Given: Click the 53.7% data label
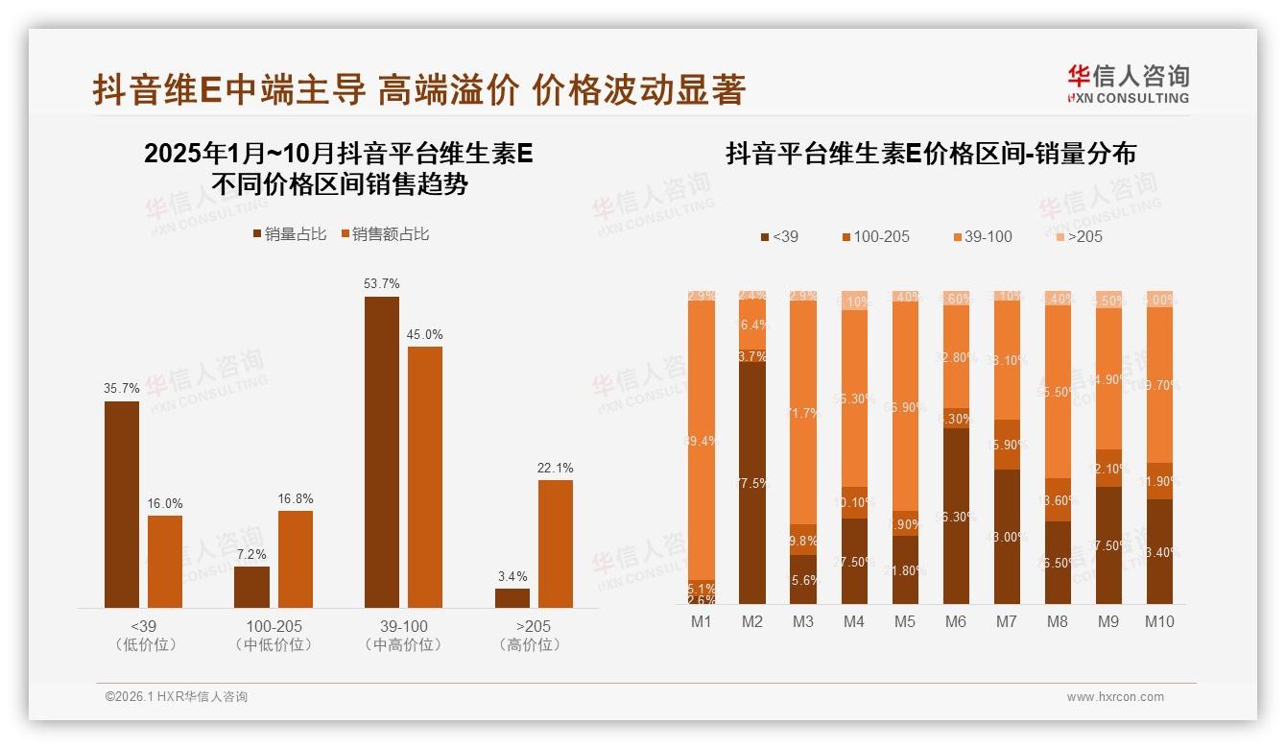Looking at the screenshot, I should pos(382,284).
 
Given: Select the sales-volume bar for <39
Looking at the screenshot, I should pos(122,504).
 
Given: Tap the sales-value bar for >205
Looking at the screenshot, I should pos(556,544).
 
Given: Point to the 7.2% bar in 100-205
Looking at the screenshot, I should pos(251,587).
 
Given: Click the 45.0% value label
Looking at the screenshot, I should pos(425,334).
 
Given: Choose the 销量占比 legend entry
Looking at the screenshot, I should pos(290,233).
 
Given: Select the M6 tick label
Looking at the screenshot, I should pos(955,621).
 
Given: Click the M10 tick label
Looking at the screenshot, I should pos(1158,621).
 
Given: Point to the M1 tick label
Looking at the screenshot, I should pos(702,621).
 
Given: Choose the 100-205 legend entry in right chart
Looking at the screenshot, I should pos(875,236).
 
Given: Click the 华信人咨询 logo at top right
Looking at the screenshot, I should pos(1128,84).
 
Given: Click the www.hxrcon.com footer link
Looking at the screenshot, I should pos(1115,697).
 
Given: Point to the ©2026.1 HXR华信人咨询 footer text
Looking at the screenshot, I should pos(177,697).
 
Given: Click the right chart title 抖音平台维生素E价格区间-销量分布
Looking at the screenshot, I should pos(931,154).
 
